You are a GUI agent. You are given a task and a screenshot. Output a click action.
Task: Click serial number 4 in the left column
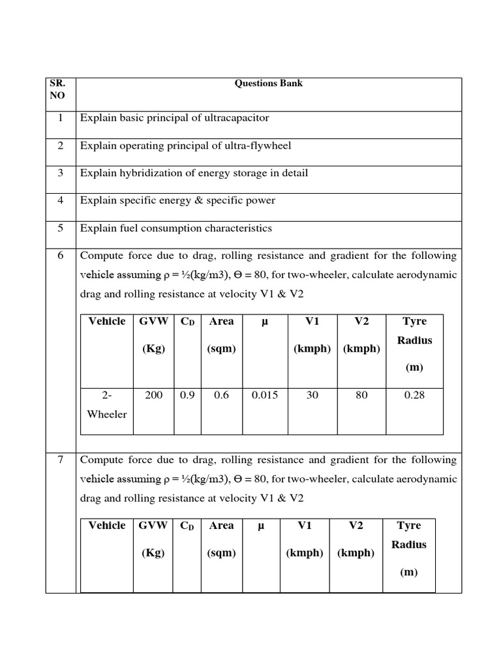click(60, 200)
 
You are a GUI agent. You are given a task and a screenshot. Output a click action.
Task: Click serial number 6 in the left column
click(60, 256)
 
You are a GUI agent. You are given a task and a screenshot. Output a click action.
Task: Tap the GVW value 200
click(153, 395)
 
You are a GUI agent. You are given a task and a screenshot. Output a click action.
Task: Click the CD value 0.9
click(187, 395)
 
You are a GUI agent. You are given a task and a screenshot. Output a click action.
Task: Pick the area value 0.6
click(221, 395)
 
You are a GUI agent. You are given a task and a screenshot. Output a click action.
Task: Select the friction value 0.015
click(265, 395)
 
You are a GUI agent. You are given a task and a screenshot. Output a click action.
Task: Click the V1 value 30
click(312, 395)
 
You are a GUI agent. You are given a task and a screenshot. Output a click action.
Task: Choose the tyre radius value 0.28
click(414, 395)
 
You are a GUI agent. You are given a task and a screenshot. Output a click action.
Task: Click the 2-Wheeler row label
click(107, 404)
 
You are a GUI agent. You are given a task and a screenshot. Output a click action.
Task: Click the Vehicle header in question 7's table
click(106, 525)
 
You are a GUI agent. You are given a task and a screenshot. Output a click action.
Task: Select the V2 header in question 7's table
click(356, 525)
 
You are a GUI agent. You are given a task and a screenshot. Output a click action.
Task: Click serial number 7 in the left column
click(60, 460)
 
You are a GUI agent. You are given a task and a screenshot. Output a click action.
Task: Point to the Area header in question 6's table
click(221, 321)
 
